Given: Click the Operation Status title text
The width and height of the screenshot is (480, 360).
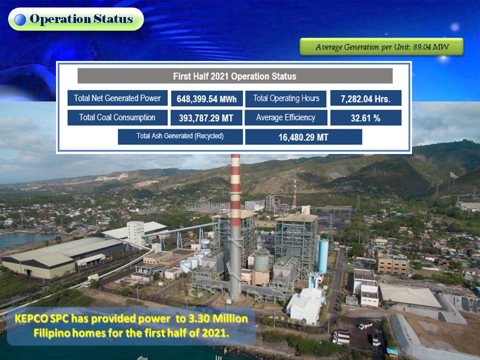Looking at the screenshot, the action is point(81,19).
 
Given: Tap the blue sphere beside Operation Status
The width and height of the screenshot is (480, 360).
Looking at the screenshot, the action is point(20,19).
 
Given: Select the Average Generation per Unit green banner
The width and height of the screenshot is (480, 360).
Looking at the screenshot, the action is point(381,47).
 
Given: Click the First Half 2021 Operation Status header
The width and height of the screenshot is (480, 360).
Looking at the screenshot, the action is point(235,76).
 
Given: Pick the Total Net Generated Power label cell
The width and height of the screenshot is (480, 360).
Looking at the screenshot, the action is point(117,98).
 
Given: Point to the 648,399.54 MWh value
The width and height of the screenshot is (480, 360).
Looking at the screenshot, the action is point(206,98).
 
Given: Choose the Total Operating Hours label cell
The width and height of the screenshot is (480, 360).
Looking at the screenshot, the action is point(286,98).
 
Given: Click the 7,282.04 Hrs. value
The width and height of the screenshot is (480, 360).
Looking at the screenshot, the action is point(365,98).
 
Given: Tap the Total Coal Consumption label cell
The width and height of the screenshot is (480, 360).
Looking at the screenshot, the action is point(117,117).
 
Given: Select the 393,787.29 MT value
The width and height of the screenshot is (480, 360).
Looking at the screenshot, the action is point(206,118).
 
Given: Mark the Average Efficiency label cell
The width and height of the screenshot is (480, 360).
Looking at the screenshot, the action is point(285,117).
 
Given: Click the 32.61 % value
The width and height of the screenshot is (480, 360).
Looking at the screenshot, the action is point(365,118).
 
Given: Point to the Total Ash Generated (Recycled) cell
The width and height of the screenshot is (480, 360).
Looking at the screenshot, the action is point(180,136).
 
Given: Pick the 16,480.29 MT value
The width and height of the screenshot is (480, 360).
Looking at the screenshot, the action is point(303,137).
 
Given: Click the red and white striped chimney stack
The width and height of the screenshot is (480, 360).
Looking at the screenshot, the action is point(235,227).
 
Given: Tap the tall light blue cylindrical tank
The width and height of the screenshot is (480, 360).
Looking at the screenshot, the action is point(322,256).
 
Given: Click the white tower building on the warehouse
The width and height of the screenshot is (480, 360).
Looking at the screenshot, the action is point(135,232).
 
